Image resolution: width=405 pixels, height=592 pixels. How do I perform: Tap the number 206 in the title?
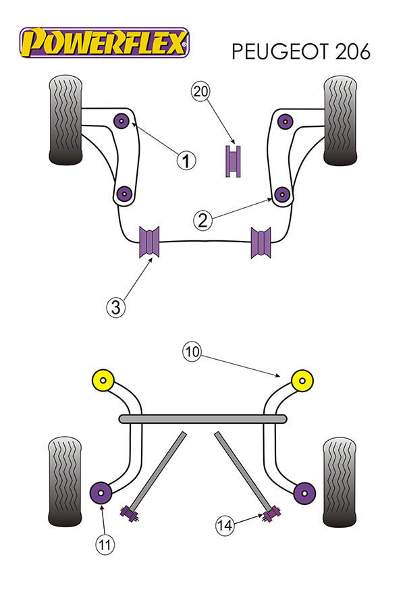[351, 52]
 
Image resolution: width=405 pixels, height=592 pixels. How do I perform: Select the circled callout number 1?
[186, 160]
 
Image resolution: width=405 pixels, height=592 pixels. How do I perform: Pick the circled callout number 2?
[202, 219]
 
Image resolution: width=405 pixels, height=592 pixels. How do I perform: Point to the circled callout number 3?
[115, 307]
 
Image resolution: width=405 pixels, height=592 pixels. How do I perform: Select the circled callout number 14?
[225, 523]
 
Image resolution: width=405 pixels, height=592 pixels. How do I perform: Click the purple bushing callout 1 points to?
[122, 120]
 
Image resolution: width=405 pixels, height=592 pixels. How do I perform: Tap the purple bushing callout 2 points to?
[283, 195]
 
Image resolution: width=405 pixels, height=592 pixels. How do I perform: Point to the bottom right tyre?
[339, 481]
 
